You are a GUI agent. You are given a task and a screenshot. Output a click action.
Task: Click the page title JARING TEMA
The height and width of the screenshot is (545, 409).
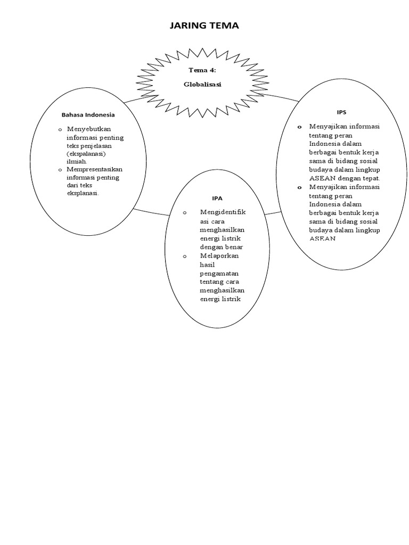[x=204, y=26]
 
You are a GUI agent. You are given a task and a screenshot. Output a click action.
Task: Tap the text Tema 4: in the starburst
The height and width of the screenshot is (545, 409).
[x=202, y=70]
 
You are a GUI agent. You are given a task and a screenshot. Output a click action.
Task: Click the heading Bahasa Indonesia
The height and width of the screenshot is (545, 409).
[x=88, y=114]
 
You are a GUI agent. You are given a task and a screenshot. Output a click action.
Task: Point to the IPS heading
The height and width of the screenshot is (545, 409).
[x=341, y=112]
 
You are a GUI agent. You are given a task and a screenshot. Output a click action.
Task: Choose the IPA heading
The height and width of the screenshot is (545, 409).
[x=217, y=198]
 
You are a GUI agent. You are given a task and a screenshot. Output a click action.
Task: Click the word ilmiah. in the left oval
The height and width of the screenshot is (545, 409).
[x=77, y=161]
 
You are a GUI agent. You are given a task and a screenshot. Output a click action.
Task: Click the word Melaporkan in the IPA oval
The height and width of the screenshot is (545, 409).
[x=219, y=256]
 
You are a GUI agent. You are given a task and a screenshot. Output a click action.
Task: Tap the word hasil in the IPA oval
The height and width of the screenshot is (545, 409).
[x=207, y=265]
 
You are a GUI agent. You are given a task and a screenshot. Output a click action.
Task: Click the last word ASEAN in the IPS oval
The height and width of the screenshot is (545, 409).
[x=323, y=239]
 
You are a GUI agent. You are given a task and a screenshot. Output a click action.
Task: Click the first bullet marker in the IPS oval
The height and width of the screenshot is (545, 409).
[x=299, y=127]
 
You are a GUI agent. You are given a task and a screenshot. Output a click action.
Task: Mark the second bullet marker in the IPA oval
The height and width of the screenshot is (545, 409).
[x=185, y=257]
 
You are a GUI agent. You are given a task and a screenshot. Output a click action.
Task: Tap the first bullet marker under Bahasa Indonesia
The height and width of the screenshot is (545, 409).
[x=60, y=130]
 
